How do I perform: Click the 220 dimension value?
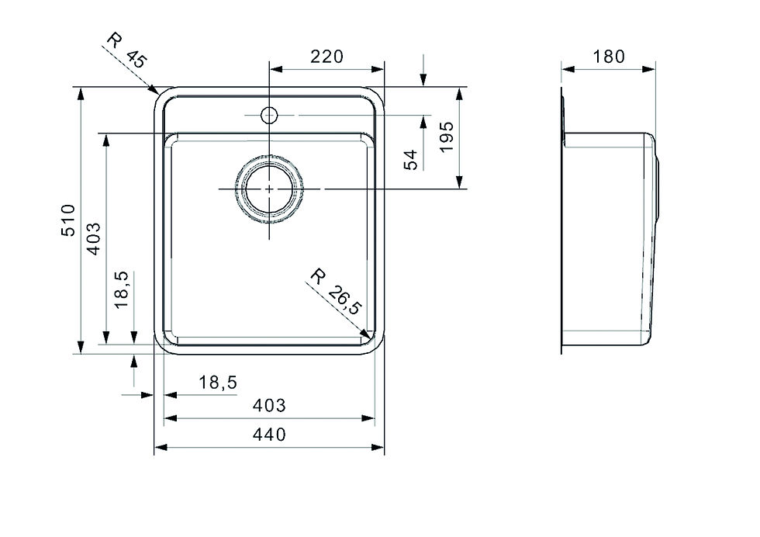tap(326, 57)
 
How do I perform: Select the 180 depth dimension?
tap(609, 57)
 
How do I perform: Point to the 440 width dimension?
tap(270, 435)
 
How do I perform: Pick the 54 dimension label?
tap(412, 159)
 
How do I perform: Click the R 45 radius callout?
tap(126, 52)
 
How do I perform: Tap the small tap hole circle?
tap(269, 116)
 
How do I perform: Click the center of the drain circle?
tap(269, 189)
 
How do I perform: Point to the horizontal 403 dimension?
tap(270, 404)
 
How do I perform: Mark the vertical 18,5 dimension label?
tap(121, 290)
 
